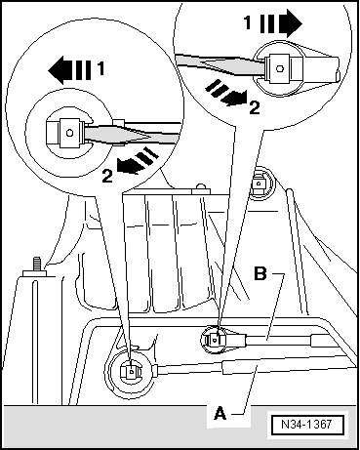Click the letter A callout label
220,414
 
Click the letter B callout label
260,274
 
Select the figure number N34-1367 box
307,425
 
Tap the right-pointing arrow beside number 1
282,23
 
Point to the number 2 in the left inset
107,176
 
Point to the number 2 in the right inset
255,107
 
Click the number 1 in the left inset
100,69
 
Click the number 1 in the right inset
248,22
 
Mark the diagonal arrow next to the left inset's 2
138,160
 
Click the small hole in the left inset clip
69,133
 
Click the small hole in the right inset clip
280,68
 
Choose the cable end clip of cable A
131,371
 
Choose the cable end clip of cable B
215,340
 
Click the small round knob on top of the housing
202,186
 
